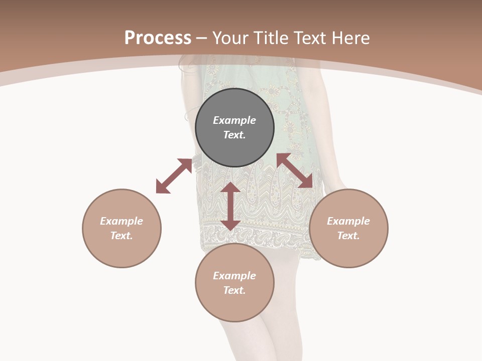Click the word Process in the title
point(158,38)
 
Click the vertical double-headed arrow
point(230,206)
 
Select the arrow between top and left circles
point(174,175)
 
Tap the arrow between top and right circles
point(295,171)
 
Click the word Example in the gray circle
point(234,120)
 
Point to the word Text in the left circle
point(122,236)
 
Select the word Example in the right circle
point(348,221)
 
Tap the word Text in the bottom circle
point(234,290)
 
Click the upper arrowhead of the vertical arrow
point(230,187)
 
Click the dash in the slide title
point(202,38)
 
